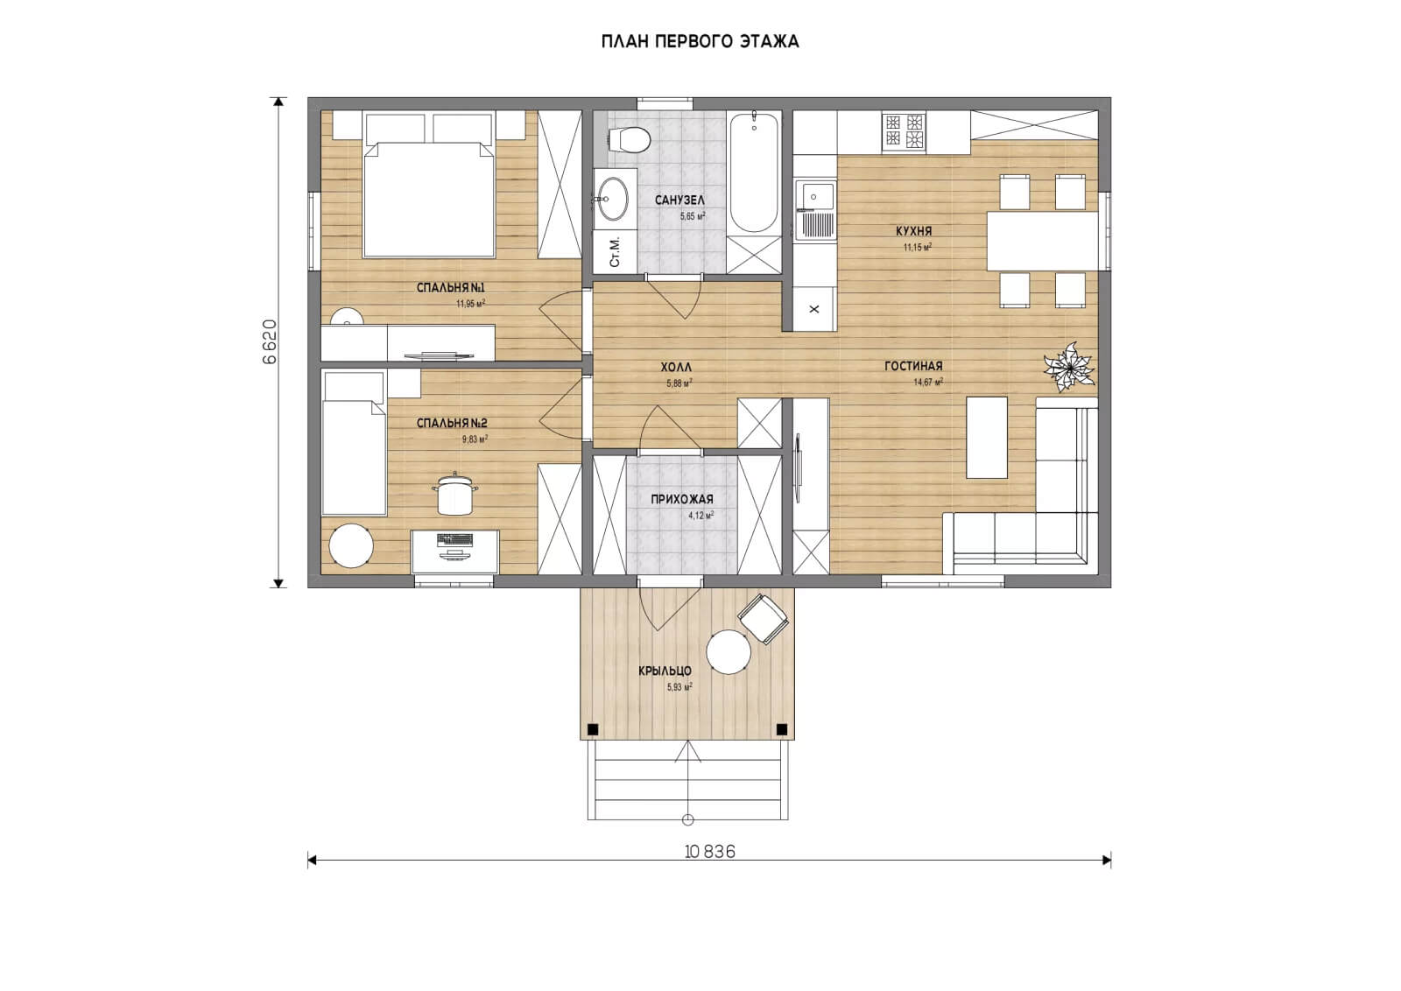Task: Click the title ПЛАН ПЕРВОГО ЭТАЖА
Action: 700,41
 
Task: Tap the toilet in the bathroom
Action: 630,139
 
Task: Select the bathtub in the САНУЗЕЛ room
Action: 754,172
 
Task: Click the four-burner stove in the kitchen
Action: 904,132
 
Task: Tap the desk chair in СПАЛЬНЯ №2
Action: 454,495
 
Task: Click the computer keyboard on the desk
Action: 454,539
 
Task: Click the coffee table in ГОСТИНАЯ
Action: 987,438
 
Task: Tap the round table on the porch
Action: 728,651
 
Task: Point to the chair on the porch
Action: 763,619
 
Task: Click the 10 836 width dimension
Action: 710,852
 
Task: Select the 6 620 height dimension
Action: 270,342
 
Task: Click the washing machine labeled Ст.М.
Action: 615,251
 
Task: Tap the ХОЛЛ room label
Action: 676,368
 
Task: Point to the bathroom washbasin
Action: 612,199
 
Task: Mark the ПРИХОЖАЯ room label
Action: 682,499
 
